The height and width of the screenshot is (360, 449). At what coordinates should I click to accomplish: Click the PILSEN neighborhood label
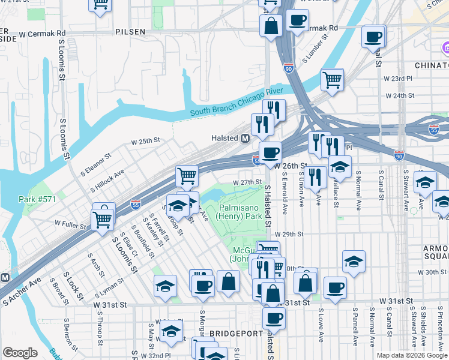pos(131,31)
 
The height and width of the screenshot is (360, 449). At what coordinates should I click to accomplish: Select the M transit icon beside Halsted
pos(245,138)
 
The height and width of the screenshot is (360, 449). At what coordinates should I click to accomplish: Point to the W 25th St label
pos(146,142)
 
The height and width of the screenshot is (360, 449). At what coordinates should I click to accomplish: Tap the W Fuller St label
pos(68,223)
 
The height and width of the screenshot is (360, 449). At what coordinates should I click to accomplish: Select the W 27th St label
pos(248,182)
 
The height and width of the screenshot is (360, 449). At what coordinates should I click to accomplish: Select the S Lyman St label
pos(109,287)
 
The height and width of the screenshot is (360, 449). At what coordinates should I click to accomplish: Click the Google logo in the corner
pos(20,353)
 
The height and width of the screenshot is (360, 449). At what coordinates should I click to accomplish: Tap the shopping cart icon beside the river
pos(332,79)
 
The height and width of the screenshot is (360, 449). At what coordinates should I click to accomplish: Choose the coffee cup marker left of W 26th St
pos(270,152)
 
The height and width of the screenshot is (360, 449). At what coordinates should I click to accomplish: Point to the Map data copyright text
pos(412,355)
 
